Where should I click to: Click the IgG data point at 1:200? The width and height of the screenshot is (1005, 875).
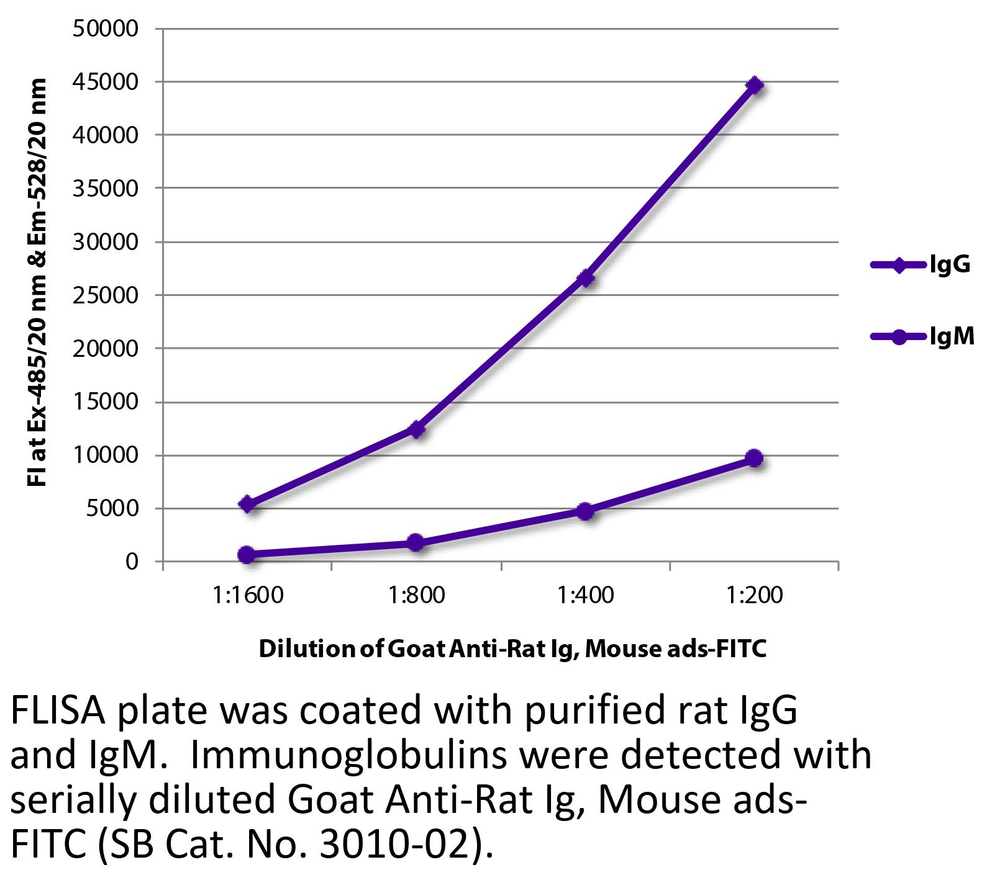754,85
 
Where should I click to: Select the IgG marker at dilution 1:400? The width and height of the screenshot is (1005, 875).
585,279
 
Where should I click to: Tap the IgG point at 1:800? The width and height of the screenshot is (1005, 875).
416,429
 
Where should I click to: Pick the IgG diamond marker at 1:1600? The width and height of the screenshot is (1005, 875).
247,504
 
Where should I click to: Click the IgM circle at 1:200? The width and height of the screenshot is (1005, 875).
754,458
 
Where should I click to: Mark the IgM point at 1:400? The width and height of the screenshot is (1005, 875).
585,511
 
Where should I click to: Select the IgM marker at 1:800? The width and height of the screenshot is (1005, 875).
416,542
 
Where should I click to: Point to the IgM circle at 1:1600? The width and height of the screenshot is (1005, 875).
247,554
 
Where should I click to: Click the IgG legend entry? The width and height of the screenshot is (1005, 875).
920,265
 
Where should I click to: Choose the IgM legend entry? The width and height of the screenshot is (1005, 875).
922,337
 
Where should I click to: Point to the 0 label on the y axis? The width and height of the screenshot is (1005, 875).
131,562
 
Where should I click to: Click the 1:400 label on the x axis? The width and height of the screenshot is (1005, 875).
585,596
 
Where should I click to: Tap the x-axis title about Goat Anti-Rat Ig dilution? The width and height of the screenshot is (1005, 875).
512,649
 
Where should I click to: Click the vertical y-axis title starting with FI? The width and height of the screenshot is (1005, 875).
38,283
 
